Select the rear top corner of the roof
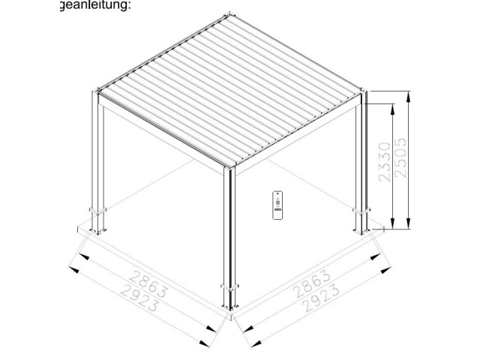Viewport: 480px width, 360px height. [229, 14]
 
